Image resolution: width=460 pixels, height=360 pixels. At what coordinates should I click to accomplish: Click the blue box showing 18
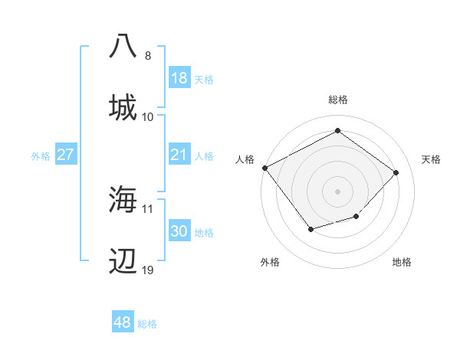click(179, 78)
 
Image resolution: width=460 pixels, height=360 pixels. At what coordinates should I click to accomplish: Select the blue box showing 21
click(179, 155)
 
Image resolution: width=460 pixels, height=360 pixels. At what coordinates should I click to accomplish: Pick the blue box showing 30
click(179, 231)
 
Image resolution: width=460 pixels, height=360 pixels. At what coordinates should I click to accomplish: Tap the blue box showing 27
click(66, 155)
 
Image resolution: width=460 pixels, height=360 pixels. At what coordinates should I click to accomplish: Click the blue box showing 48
click(123, 322)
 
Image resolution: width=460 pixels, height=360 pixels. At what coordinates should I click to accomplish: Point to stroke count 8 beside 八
click(148, 56)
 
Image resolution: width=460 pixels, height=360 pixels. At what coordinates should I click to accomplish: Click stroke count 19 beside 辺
click(148, 270)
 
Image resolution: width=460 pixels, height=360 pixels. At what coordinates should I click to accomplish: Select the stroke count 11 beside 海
click(148, 208)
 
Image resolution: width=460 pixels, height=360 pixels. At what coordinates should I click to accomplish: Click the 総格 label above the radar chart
click(338, 100)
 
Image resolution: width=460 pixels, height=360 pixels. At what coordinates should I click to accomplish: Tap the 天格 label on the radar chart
click(432, 159)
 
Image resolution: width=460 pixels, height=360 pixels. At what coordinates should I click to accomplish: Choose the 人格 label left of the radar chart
click(245, 159)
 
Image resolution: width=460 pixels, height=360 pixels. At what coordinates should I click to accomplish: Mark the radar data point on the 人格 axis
click(265, 168)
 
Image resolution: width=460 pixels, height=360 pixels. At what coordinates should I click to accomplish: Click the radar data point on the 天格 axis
click(396, 172)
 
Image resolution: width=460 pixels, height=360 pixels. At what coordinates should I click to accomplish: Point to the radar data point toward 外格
click(310, 229)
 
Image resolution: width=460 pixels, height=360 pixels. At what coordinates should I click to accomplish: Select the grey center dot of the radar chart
click(338, 191)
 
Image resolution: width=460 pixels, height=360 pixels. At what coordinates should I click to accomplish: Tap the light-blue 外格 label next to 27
click(40, 156)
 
